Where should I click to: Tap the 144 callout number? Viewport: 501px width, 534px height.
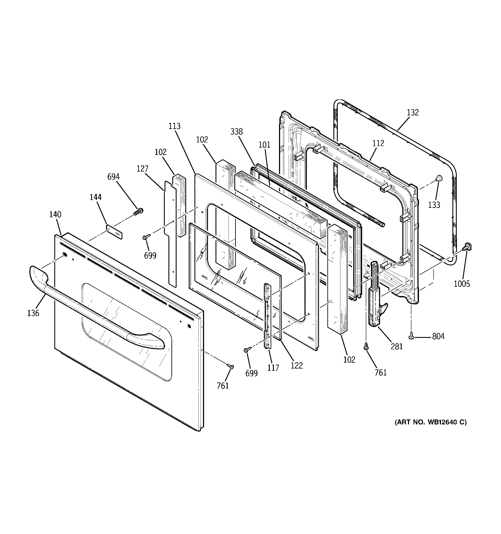point(95,197)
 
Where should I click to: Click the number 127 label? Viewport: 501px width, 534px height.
point(143,169)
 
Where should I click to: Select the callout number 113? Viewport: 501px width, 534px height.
point(174,126)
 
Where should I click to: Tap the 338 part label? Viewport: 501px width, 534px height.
point(236,132)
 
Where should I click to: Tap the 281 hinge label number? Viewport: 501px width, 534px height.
point(397,347)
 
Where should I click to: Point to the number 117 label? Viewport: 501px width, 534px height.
point(273,368)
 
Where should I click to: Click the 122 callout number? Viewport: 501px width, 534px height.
point(297,365)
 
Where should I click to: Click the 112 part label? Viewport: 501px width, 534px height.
point(378,143)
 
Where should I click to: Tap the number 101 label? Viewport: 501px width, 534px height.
point(264,145)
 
